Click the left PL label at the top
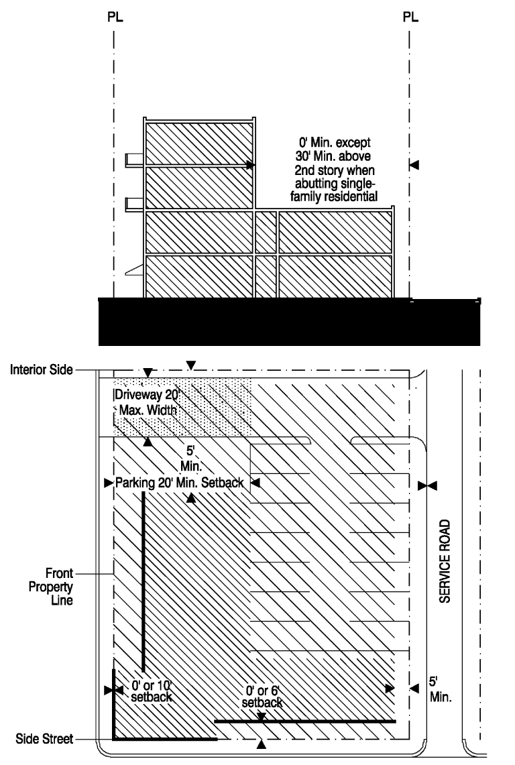115,17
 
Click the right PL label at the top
410,17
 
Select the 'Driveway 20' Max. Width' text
145,401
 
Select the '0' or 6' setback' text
263,698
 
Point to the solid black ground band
288,322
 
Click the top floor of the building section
198,143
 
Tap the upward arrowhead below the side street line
262,744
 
